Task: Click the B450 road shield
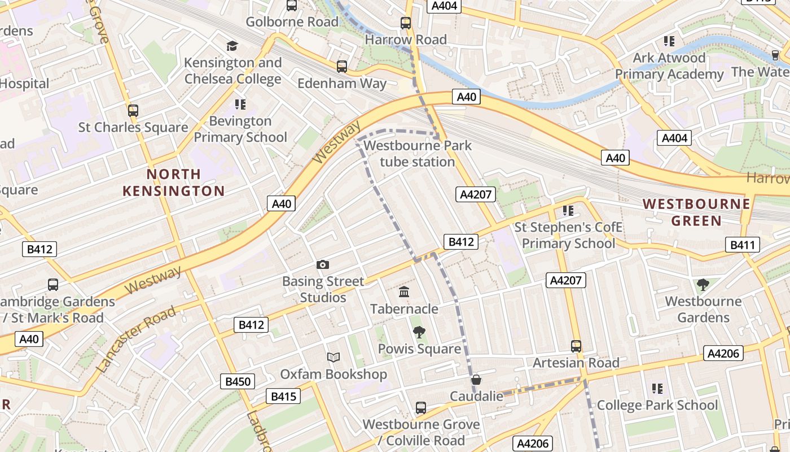tap(238, 381)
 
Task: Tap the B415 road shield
tap(283, 396)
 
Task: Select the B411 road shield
tap(743, 245)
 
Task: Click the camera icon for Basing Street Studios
tap(323, 264)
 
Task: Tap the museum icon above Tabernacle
tap(404, 292)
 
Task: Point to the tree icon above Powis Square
tap(419, 332)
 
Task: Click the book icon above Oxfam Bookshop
tap(333, 357)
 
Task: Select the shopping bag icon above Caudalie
tap(476, 380)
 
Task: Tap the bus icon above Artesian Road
tap(576, 346)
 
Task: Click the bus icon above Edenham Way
tap(341, 67)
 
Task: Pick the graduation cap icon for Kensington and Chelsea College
tap(232, 46)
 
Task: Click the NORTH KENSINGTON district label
tap(174, 182)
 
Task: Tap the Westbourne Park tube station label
tap(418, 154)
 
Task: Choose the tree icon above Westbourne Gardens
tap(703, 285)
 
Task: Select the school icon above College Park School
tap(657, 388)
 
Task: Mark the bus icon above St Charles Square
tap(133, 111)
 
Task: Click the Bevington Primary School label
tap(240, 129)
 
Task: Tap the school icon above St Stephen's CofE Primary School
tap(568, 211)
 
